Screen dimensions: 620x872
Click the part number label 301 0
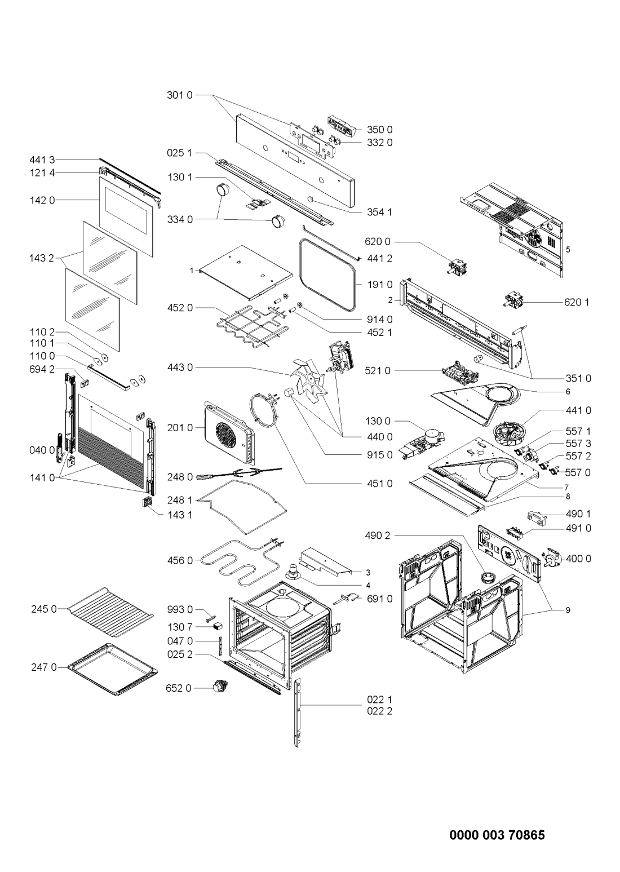click(x=179, y=95)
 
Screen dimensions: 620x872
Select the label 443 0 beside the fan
click(x=180, y=367)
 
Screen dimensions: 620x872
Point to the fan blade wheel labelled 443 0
click(x=311, y=379)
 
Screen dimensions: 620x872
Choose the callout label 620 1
click(x=577, y=302)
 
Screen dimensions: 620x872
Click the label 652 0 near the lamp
click(x=179, y=688)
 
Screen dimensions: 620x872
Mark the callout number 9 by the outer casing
click(x=568, y=610)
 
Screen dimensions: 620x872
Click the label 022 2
click(x=379, y=711)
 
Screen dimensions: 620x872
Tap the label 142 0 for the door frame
click(x=42, y=200)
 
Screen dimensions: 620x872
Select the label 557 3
click(x=578, y=443)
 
